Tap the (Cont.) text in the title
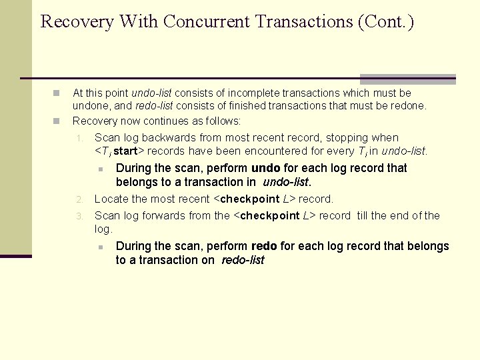pos(385,22)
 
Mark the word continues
pos(169,121)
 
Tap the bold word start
pos(126,151)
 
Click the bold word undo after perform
pos(265,168)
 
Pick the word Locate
pos(111,199)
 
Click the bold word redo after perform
pos(265,246)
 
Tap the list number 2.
pos(79,199)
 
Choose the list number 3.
pos(79,216)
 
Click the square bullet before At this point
pos(57,93)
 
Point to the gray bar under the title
pos(407,79)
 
